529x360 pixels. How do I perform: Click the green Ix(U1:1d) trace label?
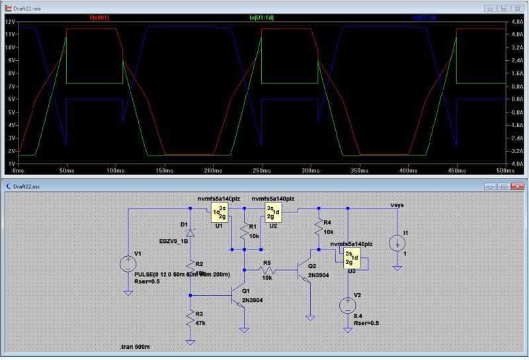[x=261, y=18]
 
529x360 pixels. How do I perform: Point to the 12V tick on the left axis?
[x=10, y=22]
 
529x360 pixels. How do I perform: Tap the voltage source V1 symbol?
[x=126, y=265]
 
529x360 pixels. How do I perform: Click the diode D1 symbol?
[x=190, y=233]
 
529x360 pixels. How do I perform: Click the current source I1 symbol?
[x=397, y=243]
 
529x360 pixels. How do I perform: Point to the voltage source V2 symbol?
[x=348, y=305]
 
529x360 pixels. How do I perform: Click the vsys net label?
[x=397, y=205]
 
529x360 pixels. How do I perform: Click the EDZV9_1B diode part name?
[x=174, y=241]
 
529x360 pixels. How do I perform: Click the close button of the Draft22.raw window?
[x=518, y=9]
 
